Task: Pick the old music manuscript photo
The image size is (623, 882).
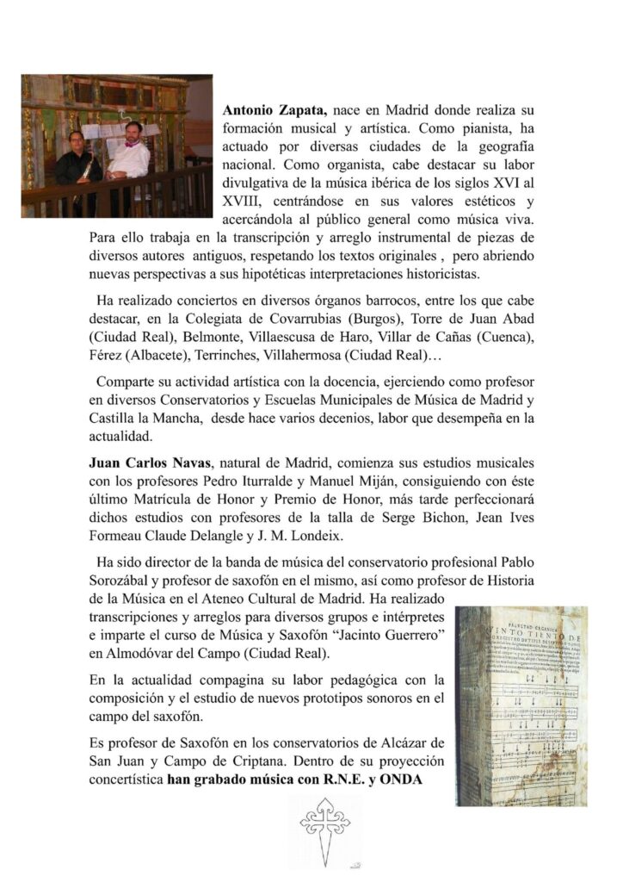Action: (x=522, y=705)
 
